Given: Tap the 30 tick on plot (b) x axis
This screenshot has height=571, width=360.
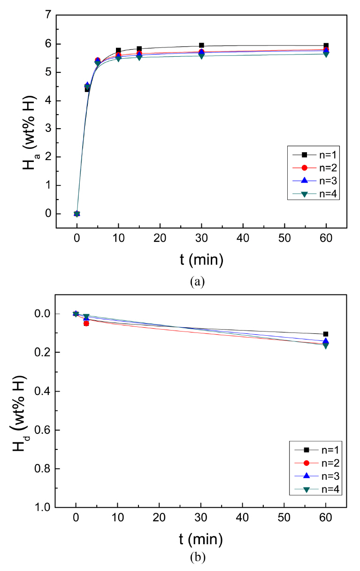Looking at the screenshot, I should click(201, 518).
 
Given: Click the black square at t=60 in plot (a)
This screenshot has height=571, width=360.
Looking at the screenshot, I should click(326, 46).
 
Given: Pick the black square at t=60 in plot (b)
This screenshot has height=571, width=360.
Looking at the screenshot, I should click(326, 334).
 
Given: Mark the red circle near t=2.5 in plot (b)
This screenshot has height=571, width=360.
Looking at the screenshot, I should click(86, 323).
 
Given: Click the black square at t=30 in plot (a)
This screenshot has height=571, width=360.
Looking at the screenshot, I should click(201, 46).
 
